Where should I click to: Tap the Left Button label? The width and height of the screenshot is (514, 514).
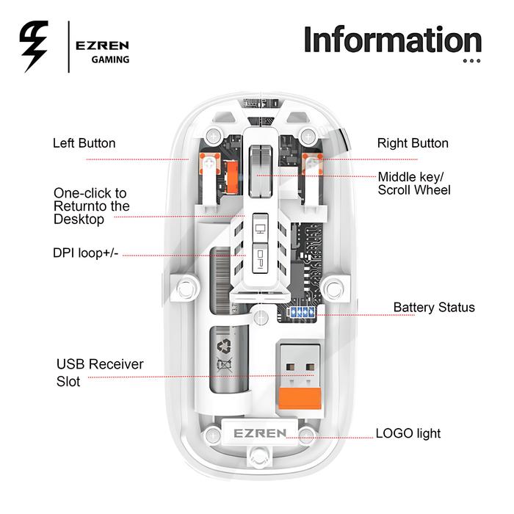click(84, 143)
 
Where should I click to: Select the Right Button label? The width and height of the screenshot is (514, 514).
click(413, 143)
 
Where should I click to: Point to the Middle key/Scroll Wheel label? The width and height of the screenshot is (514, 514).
click(414, 184)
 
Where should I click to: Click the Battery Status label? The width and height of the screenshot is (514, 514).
click(434, 307)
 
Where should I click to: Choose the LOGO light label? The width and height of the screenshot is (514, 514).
click(408, 433)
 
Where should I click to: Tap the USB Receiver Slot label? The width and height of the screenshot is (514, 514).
click(100, 373)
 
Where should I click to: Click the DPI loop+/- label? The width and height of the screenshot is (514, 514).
click(86, 253)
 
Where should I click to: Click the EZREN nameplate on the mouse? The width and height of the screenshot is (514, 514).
click(261, 432)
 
